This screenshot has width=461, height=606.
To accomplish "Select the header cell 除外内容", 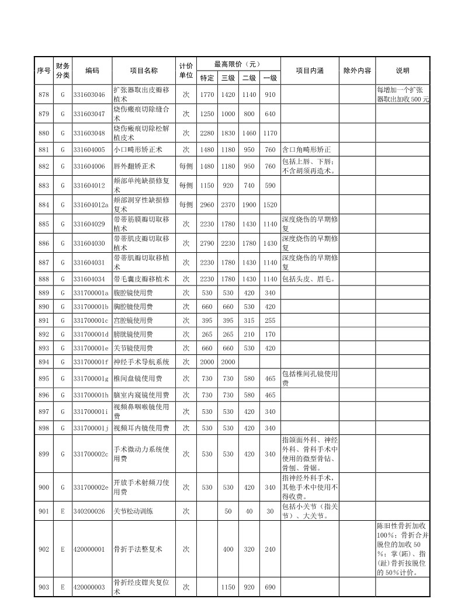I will [x=357, y=71].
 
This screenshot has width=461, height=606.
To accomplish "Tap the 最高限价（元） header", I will [x=238, y=64].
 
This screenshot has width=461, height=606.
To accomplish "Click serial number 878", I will [x=44, y=95].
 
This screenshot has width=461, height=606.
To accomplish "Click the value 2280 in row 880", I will [x=207, y=133].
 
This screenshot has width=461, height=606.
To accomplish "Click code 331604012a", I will [x=91, y=204].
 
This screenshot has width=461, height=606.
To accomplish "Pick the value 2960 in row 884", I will [x=207, y=204].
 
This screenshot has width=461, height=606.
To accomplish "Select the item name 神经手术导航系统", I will [x=141, y=362].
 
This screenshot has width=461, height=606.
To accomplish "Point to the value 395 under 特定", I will [x=207, y=321].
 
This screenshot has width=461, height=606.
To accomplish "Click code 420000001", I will [x=89, y=549].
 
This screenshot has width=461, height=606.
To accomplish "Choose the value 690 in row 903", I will [x=270, y=587].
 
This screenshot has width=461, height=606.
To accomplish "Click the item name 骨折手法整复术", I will [x=137, y=549].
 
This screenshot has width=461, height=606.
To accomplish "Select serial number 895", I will [x=44, y=379].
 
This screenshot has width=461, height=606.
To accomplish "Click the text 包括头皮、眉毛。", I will [x=309, y=278].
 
